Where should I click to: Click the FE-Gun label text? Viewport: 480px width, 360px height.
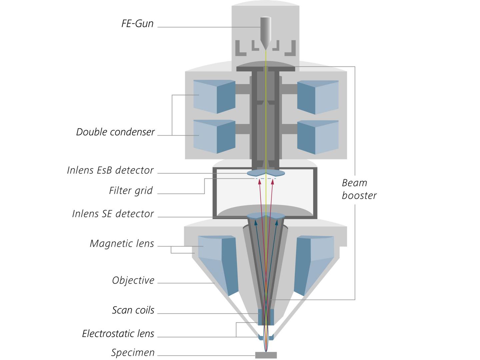pos(137,24)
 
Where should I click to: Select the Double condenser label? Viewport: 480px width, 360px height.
pos(115,132)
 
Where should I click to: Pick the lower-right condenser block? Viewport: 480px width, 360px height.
pos(318,137)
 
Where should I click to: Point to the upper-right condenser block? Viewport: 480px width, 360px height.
pos(318,97)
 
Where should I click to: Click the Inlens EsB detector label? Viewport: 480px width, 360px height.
pos(110,170)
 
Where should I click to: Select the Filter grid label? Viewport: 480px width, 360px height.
pos(131,191)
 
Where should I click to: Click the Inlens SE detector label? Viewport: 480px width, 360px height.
pos(113,214)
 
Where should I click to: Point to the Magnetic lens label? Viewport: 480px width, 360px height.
pos(122,244)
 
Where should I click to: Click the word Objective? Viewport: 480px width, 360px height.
pos(133,280)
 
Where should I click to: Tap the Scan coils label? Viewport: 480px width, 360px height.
pos(133,310)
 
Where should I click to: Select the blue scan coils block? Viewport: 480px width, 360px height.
pos(266,317)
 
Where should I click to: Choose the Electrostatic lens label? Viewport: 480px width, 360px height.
pos(118,334)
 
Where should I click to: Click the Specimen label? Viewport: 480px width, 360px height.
pos(133,353)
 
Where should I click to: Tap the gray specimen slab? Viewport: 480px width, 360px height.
pos(266,355)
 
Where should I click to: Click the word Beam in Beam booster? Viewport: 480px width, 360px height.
pos(354,183)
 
